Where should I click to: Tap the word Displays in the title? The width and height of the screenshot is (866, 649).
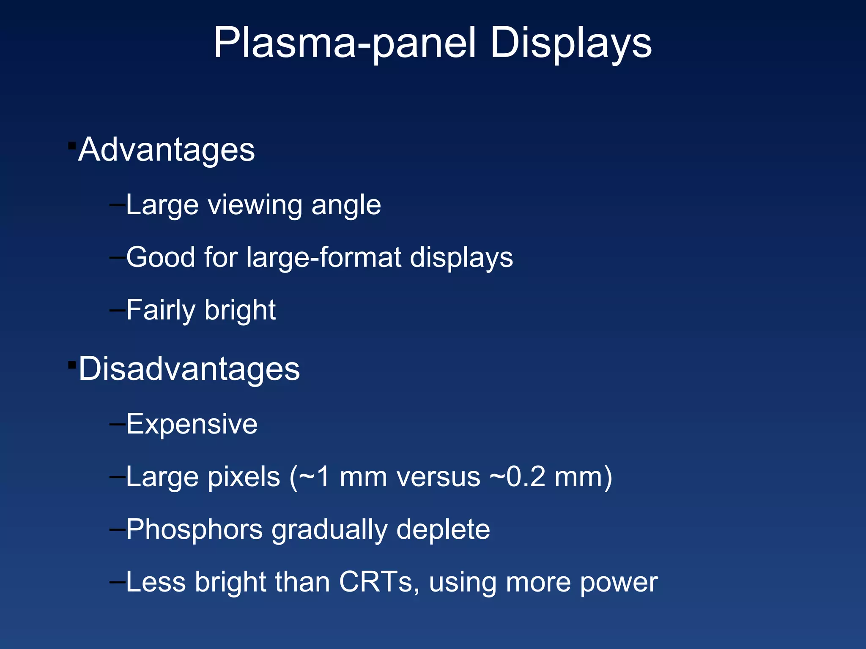(571, 44)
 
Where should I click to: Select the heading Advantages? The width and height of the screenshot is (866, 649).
(167, 150)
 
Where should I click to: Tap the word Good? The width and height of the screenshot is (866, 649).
(161, 257)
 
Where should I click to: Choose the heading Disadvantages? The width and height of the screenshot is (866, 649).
(189, 369)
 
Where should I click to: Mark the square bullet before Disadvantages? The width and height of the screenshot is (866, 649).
(72, 365)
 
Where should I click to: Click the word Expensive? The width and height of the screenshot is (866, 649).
(192, 424)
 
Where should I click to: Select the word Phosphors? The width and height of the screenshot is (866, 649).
(195, 530)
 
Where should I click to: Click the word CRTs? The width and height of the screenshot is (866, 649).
(379, 582)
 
